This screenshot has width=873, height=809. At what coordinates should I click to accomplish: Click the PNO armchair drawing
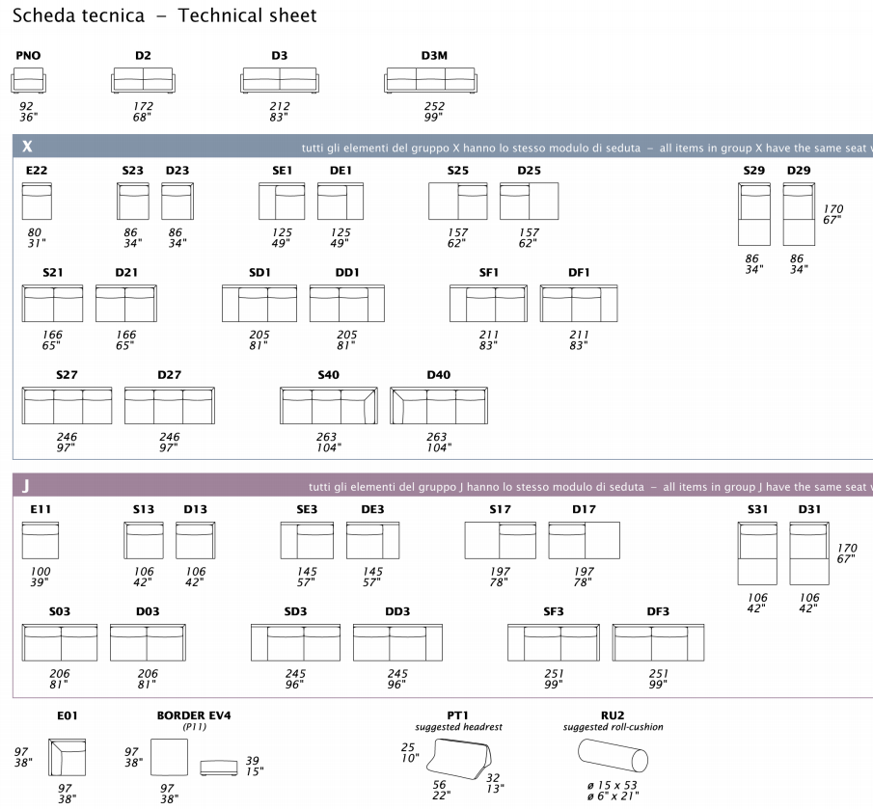[29, 81]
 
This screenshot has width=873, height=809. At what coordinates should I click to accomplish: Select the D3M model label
[434, 56]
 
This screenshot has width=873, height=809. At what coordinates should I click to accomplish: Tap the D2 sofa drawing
[143, 81]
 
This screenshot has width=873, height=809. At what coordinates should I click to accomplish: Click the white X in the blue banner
[26, 147]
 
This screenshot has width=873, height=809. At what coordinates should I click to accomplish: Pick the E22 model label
[37, 171]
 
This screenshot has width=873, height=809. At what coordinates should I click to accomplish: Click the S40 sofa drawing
[328, 406]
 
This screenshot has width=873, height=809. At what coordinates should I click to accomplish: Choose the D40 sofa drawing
[437, 406]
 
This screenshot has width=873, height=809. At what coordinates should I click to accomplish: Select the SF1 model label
[488, 273]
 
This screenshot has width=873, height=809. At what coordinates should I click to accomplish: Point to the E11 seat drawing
[40, 540]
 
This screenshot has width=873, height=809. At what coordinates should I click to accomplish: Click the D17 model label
[584, 509]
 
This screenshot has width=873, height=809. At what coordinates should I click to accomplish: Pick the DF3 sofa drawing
[658, 642]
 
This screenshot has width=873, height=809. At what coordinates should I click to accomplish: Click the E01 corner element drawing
[68, 758]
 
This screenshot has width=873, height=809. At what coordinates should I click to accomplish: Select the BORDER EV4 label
[194, 715]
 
